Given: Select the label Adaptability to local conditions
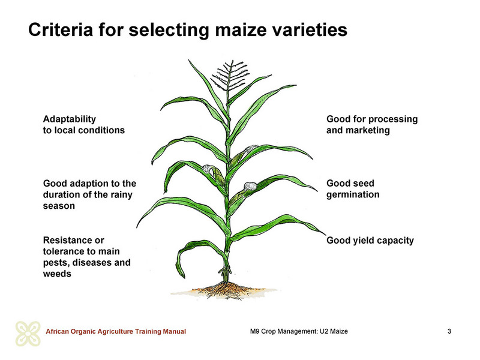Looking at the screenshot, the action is [84, 125].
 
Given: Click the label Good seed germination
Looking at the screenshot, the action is [353, 189].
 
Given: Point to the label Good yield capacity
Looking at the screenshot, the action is [370, 241].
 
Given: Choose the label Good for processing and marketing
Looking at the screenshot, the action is [372, 125].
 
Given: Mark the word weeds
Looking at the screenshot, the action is [57, 274].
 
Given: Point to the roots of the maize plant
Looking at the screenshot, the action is [226, 291].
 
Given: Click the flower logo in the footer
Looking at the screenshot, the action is [28, 334].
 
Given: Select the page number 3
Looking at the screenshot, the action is [449, 331].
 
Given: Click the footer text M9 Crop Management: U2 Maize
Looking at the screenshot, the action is [299, 331].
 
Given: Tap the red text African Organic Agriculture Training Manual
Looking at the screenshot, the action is [116, 331].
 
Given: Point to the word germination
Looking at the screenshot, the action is [353, 194].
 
